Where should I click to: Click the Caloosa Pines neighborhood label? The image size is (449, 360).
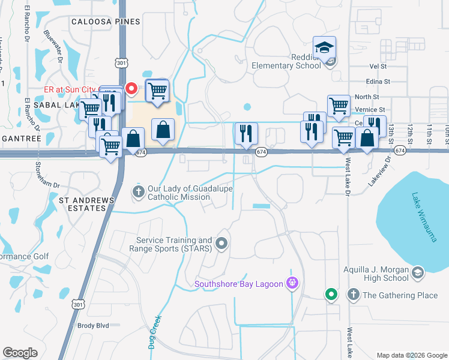point(106,22)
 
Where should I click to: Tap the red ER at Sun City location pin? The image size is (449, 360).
point(131,89)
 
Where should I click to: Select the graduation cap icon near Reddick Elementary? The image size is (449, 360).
point(324,47)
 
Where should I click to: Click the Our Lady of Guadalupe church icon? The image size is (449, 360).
point(138,192)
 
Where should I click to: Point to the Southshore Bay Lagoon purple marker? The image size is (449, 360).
point(292,283)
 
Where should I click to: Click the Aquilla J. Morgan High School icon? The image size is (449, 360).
point(417,274)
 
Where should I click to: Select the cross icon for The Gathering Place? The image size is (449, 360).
point(354,295)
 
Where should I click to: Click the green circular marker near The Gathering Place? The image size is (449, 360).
point(330,295)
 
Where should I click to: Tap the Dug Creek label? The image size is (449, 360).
point(154,332)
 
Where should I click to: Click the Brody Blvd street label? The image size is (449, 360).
point(93,326)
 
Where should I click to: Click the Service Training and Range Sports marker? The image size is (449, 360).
point(222,243)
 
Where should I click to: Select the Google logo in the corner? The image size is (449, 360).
point(20,353)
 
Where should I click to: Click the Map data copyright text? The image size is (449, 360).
point(412,355)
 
